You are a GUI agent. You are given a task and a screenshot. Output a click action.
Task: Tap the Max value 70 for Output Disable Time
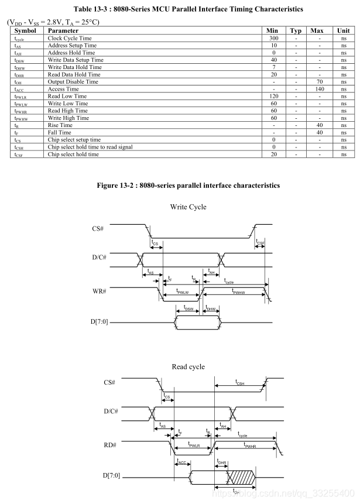tap(319, 82)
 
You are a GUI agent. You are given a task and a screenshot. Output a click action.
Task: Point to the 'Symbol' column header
tap(25, 30)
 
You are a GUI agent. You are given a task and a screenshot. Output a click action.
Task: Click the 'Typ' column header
tap(296, 30)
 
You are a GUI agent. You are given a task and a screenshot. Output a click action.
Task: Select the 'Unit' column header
tap(343, 30)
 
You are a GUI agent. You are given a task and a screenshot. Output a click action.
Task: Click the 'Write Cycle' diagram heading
tap(188, 207)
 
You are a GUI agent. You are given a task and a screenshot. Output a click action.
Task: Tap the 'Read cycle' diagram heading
tap(188, 366)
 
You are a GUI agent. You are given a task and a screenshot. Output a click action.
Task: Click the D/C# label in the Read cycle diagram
tap(95, 411)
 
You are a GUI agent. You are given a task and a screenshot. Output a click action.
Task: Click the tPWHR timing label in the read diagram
tap(250, 445)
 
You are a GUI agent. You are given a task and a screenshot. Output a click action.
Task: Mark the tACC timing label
tap(181, 463)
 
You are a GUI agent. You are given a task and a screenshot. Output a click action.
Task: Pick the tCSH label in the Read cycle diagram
tap(241, 382)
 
